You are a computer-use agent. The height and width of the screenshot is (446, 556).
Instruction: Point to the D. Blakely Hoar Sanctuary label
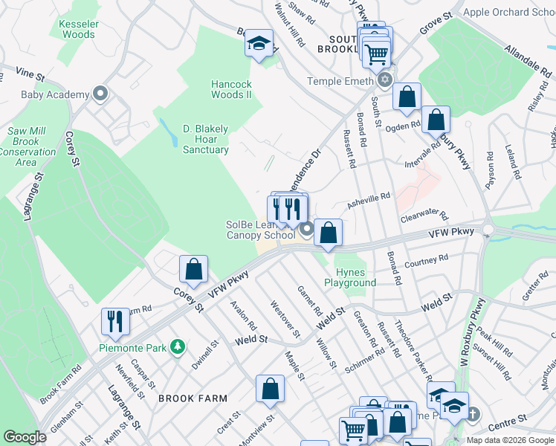[x=206, y=139]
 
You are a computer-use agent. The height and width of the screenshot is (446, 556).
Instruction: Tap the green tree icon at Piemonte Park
[x=177, y=346]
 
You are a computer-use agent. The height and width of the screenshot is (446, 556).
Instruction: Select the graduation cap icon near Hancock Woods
[x=259, y=44]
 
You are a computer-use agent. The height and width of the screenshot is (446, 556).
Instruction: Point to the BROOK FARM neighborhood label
[x=193, y=398]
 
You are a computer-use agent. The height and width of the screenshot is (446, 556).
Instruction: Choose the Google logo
[x=25, y=437]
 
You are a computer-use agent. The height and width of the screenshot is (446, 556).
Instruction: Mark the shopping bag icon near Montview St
[x=270, y=388]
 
